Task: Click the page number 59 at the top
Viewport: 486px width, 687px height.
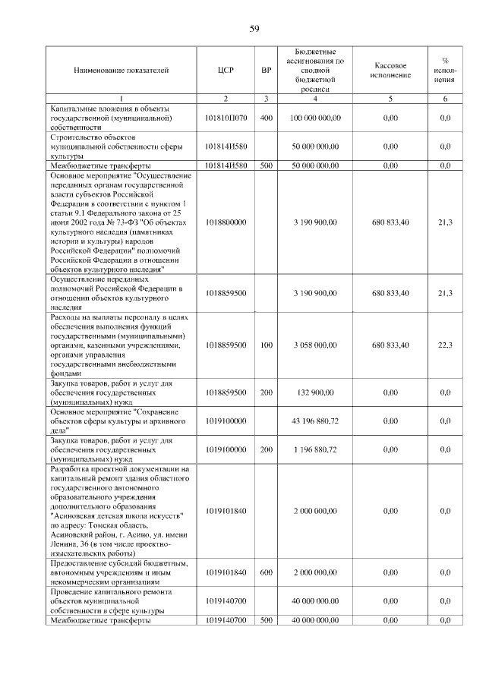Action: (254, 29)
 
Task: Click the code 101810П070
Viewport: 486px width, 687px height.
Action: (226, 118)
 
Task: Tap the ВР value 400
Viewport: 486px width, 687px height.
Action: (266, 118)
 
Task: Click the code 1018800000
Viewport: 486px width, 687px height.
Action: (226, 222)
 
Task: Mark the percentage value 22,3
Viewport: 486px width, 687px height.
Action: (445, 345)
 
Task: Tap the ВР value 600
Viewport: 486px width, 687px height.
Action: (266, 572)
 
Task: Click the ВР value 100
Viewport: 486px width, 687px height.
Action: (266, 345)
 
